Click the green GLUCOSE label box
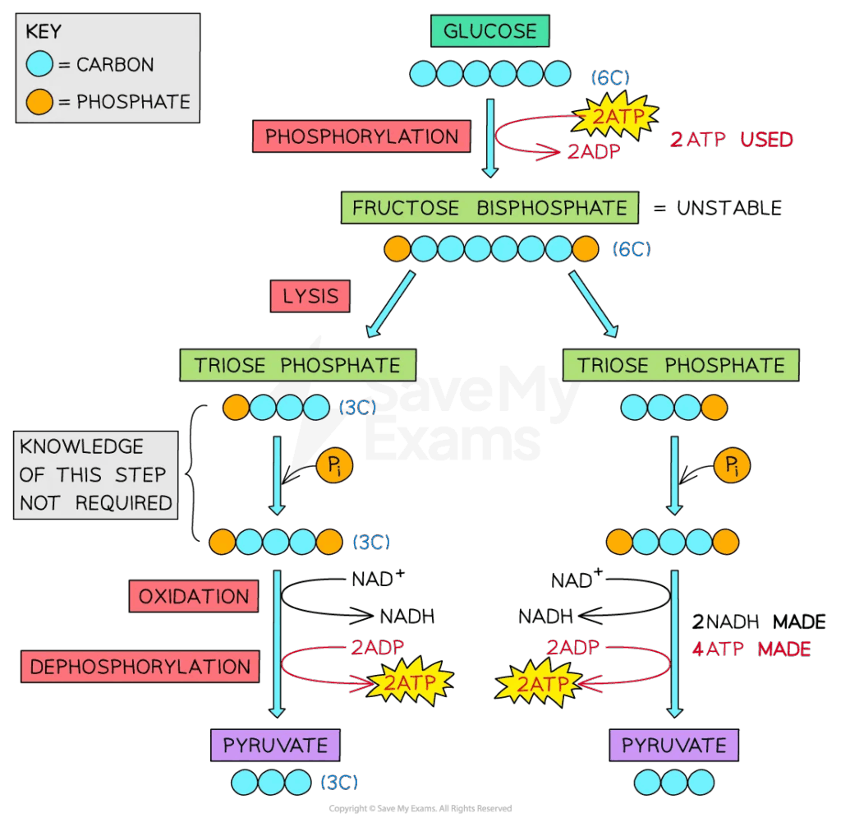point(489,31)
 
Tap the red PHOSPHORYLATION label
point(361,136)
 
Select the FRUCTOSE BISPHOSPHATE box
point(489,208)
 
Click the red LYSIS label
point(310,296)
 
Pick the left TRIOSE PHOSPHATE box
point(297,365)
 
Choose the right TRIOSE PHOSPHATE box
point(680,365)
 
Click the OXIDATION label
point(193,596)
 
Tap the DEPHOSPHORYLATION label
point(140,667)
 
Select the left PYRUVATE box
point(275,746)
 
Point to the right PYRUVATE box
point(673,746)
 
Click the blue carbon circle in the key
point(40,64)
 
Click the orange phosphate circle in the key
point(40,102)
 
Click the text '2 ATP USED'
point(731,140)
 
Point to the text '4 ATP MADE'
point(751,649)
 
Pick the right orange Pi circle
point(730,467)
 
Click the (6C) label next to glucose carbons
point(610,77)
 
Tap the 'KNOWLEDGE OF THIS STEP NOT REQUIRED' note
point(95,474)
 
